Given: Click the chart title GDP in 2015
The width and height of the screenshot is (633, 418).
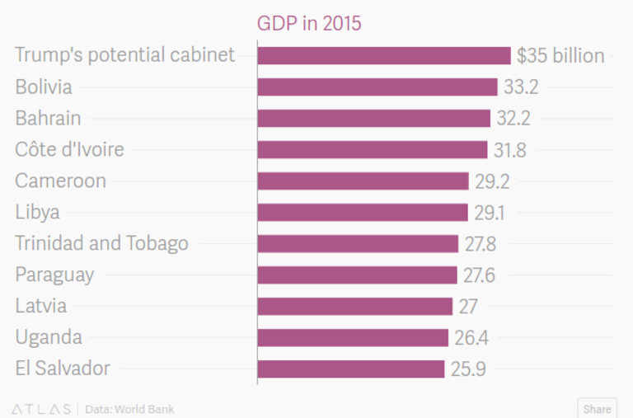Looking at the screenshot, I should [x=310, y=23].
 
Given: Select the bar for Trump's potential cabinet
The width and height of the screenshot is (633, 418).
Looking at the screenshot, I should [x=384, y=55].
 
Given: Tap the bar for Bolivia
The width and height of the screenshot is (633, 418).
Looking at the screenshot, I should [x=377, y=87].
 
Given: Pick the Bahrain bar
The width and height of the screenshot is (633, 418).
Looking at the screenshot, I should [x=373, y=118].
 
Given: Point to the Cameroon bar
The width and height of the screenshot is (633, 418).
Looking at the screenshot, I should [x=363, y=181].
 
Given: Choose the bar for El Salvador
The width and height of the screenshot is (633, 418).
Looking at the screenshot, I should [x=351, y=369].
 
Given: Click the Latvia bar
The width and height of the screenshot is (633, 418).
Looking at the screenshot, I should [x=355, y=306].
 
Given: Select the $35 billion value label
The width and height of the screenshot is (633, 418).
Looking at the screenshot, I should [x=560, y=56].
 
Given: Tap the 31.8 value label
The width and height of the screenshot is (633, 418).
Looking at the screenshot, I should [x=509, y=150].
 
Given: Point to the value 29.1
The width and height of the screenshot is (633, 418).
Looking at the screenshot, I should [x=490, y=213].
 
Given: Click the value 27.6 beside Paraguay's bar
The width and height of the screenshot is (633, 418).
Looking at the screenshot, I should [x=479, y=275].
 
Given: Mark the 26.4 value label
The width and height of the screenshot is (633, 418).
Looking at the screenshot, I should [x=471, y=338].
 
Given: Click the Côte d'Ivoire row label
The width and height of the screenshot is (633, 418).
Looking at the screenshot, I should [x=69, y=149].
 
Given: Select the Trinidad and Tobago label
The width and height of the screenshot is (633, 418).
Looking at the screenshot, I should [x=101, y=243].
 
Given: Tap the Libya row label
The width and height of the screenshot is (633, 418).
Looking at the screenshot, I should [x=37, y=212].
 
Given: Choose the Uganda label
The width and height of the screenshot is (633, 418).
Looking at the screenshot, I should [x=48, y=337].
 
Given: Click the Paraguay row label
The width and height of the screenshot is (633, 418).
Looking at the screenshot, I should [x=54, y=275].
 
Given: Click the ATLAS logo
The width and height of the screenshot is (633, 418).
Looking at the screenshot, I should [x=41, y=409].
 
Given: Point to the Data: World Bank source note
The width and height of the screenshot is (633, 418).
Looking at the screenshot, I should [x=129, y=409].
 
